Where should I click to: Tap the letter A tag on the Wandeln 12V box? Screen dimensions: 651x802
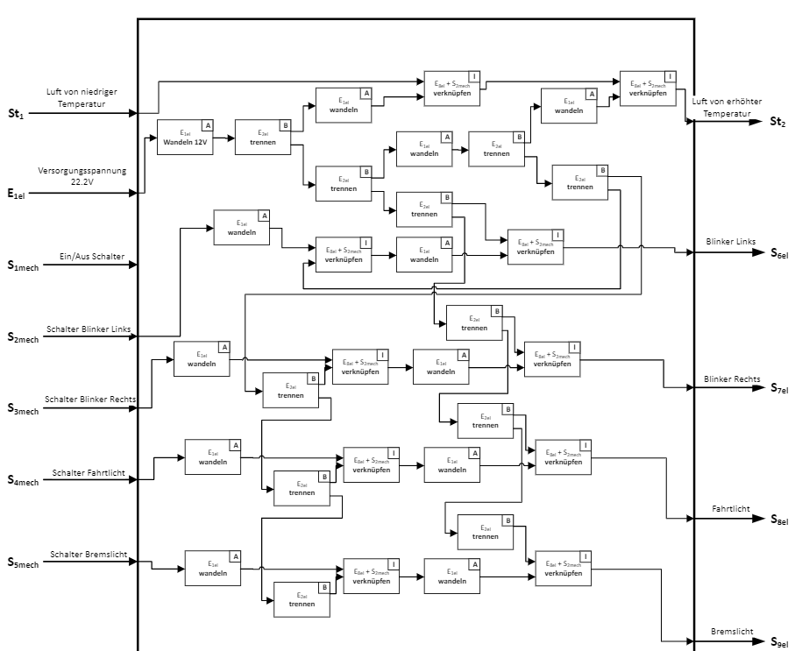click(208, 124)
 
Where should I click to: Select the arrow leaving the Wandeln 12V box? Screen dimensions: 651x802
click(224, 138)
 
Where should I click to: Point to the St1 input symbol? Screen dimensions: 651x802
click(15, 114)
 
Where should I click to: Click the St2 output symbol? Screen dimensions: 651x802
click(777, 122)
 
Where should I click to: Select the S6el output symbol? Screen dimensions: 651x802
click(779, 254)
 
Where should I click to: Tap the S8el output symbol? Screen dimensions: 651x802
click(779, 520)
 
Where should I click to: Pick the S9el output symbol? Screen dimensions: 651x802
click(779, 643)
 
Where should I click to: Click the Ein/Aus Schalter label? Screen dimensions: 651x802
click(93, 257)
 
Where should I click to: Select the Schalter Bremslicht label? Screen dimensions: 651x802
click(89, 555)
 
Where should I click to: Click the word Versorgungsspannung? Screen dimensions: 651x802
click(82, 171)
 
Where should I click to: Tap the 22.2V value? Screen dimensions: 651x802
click(83, 182)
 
